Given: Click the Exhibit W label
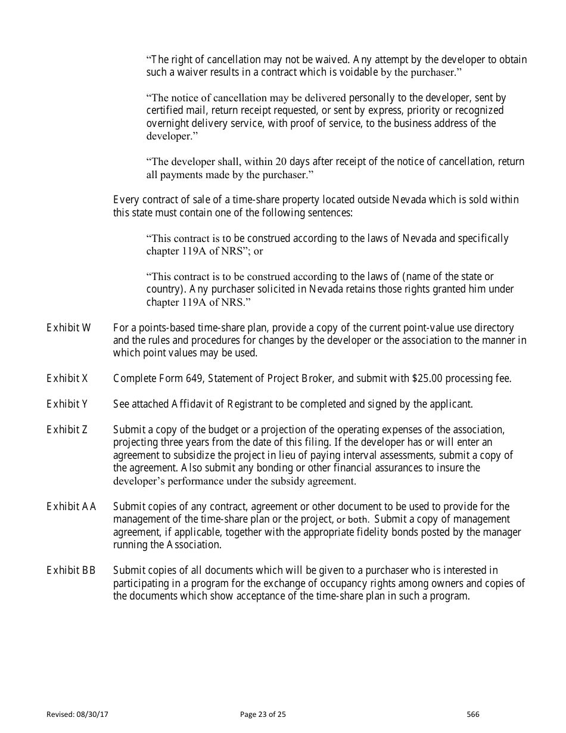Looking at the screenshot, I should [x=69, y=328].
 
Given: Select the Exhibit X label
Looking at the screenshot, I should [x=67, y=378].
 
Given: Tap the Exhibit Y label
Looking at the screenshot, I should [x=67, y=404].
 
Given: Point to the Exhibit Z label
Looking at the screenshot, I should [x=67, y=430].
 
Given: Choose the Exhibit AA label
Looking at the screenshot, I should [x=71, y=507].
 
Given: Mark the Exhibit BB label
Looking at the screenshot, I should [x=71, y=571].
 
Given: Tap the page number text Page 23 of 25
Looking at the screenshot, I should [x=263, y=715].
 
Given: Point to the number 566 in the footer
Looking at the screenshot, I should [x=473, y=715].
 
